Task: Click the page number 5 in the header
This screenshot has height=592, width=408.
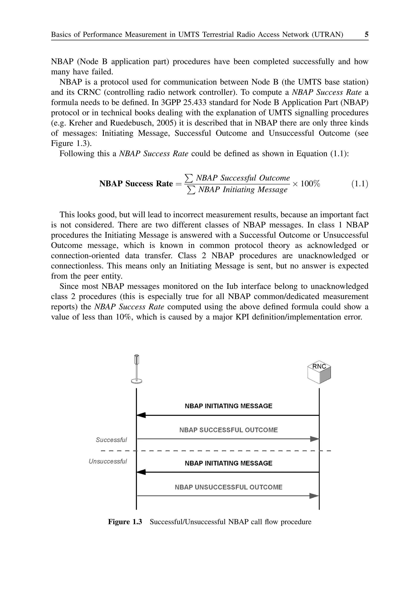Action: [366, 34]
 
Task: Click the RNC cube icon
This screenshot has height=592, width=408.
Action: [319, 373]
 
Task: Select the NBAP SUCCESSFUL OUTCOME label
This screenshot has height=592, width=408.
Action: [228, 430]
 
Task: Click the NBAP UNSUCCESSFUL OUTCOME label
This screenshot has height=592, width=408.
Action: [228, 487]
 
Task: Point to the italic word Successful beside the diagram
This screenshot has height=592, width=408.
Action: [111, 440]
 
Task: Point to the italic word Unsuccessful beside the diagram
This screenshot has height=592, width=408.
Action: [108, 461]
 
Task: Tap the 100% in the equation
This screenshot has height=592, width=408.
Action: [310, 184]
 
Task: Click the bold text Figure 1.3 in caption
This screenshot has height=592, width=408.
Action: [125, 522]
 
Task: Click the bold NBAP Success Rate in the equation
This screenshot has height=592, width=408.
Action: [136, 184]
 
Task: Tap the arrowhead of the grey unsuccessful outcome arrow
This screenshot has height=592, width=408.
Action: [314, 496]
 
